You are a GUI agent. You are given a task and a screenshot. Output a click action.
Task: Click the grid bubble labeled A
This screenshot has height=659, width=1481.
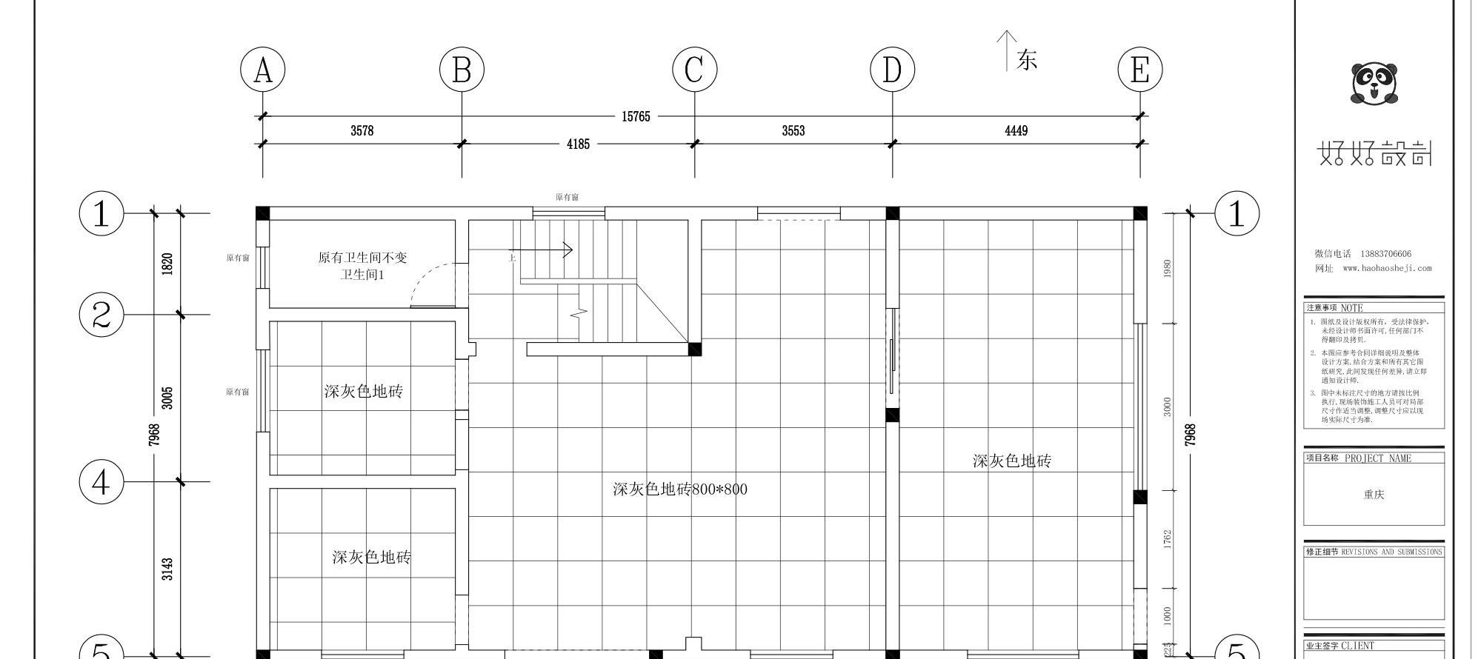click(x=262, y=70)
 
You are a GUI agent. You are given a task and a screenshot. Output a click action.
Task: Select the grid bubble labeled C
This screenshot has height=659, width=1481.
click(x=694, y=70)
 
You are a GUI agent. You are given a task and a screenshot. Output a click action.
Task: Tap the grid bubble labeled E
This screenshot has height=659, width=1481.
click(x=1139, y=70)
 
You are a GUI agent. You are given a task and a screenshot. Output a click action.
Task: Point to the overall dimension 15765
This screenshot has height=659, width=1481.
click(x=636, y=117)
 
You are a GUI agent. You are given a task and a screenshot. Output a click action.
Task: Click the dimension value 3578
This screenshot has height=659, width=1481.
click(x=362, y=131)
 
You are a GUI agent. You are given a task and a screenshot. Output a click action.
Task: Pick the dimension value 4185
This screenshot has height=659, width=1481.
click(x=578, y=144)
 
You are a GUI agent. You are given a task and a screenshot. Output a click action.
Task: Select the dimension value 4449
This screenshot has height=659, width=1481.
click(x=1016, y=131)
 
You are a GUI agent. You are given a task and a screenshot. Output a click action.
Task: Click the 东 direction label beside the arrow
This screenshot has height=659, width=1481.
click(x=1027, y=60)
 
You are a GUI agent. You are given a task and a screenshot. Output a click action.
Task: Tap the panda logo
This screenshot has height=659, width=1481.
click(x=1374, y=83)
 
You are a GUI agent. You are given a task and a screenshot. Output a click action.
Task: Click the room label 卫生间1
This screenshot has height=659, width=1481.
click(x=362, y=275)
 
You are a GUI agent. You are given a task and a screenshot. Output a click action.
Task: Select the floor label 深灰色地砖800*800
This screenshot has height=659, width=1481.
click(x=679, y=489)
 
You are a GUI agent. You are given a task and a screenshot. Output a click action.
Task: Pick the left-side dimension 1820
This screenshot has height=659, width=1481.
click(x=167, y=264)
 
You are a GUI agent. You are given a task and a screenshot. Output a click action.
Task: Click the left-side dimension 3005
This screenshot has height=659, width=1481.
click(x=167, y=398)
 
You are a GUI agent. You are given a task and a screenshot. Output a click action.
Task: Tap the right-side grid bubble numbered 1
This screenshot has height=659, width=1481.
click(x=1236, y=213)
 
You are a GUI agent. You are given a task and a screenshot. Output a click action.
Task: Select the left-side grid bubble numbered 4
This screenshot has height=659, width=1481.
click(x=101, y=482)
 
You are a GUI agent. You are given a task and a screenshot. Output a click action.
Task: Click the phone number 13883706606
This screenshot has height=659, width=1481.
click(x=1385, y=254)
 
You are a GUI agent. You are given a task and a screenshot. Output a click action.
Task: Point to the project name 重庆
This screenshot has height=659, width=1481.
click(x=1374, y=495)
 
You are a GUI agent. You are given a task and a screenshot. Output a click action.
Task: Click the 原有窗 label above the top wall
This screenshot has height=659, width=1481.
click(x=567, y=198)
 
